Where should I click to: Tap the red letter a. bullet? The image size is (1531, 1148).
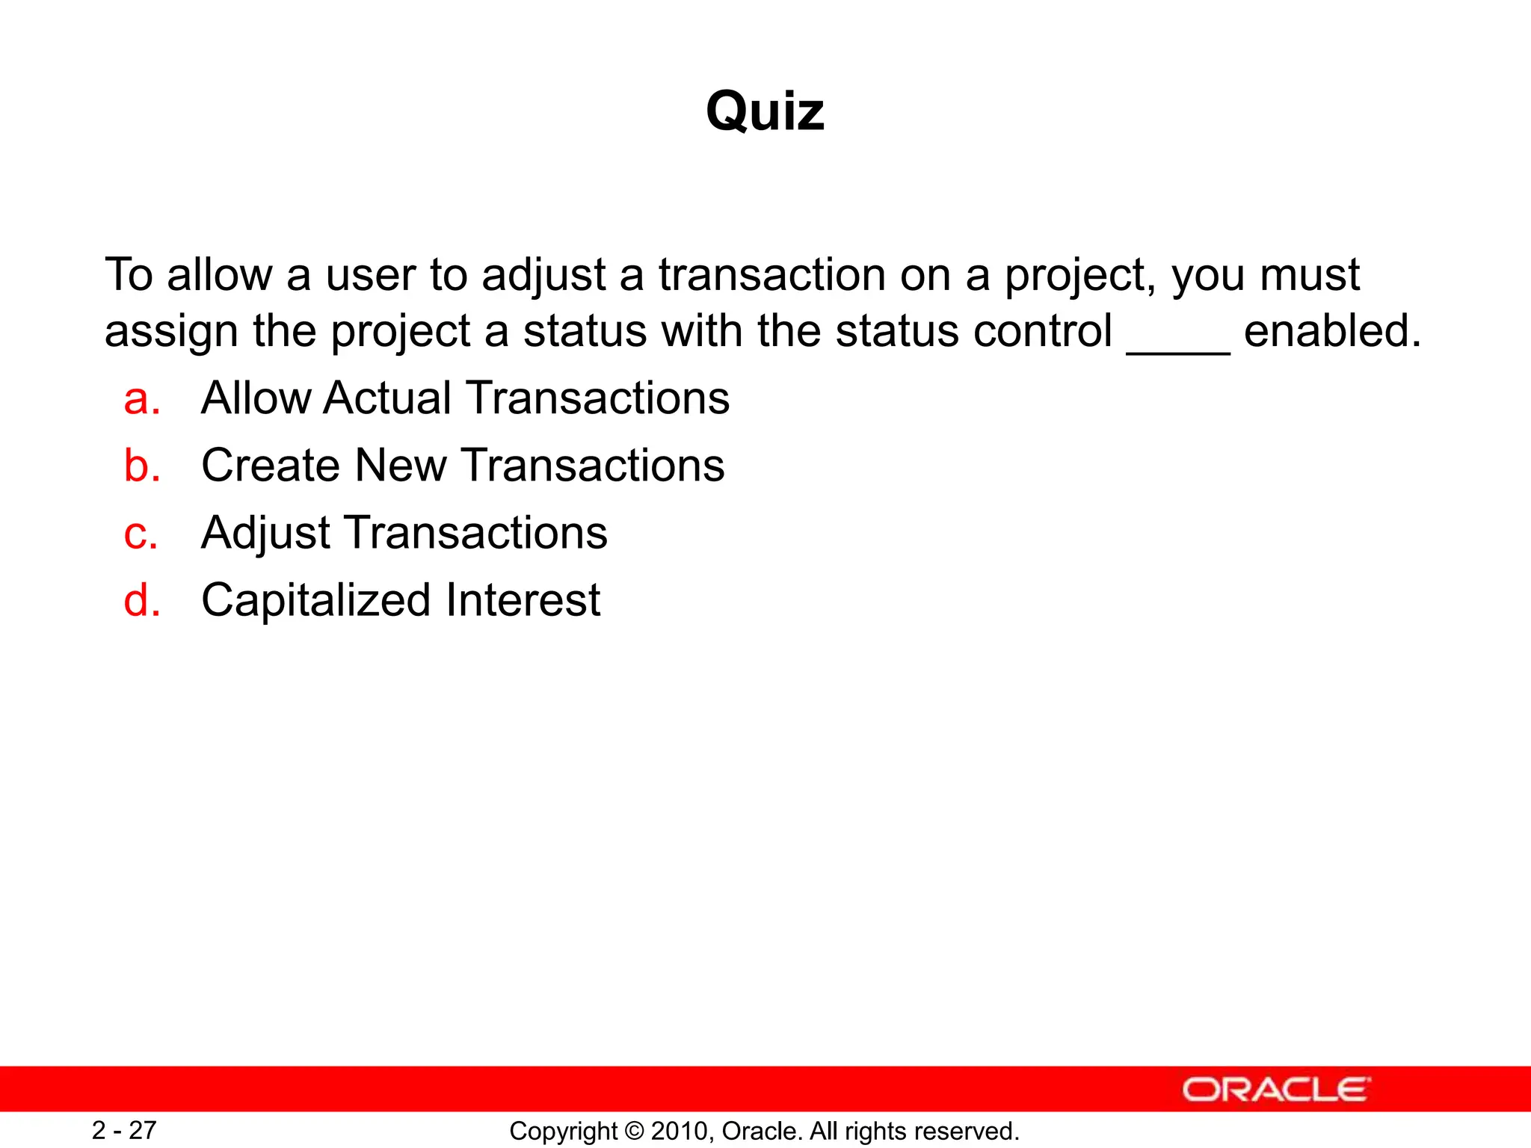coord(141,398)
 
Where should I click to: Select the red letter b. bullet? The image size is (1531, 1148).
coord(141,466)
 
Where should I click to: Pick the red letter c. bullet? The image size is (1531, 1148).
coord(141,534)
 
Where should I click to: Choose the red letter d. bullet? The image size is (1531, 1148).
coord(141,600)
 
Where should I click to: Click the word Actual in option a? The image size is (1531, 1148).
coord(387,398)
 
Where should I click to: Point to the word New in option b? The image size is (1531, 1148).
coord(401,465)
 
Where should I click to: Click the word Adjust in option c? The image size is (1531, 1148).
coord(265,534)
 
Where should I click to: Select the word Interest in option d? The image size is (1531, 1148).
coord(523,600)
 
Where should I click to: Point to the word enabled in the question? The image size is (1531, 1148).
coord(1331,330)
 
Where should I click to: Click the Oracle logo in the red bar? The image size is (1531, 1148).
coord(1276,1089)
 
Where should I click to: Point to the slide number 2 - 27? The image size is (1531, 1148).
coord(124,1130)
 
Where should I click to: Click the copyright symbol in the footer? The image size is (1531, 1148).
coord(634,1132)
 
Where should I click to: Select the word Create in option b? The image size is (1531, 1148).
coord(271,465)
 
